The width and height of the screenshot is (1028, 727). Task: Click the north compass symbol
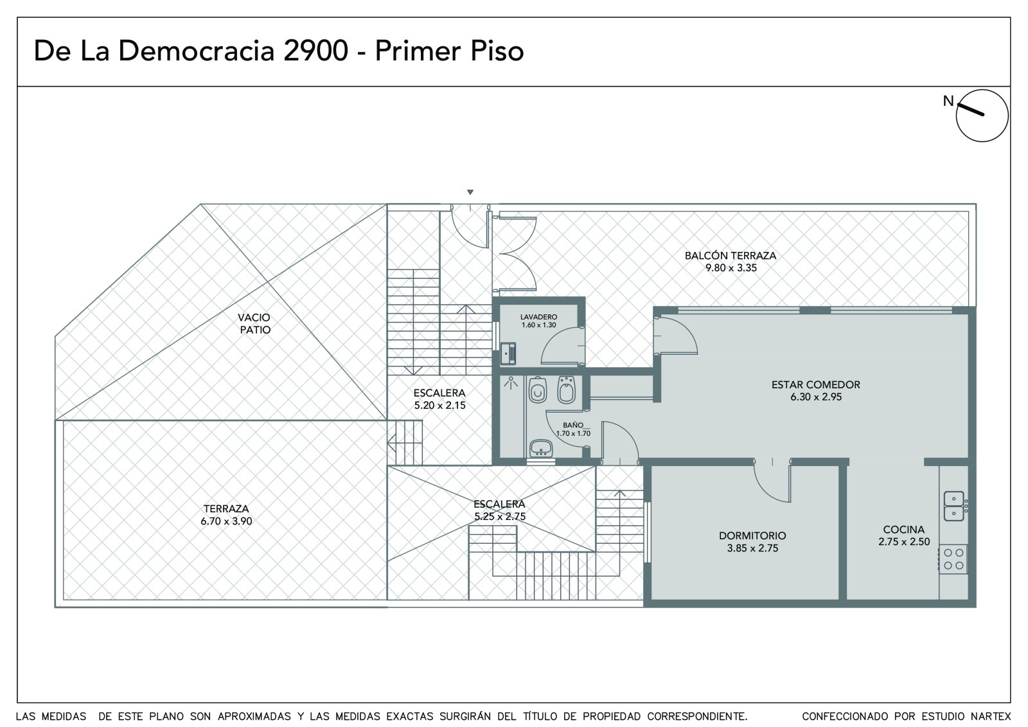(x=982, y=116)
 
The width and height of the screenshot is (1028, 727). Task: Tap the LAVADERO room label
(x=538, y=317)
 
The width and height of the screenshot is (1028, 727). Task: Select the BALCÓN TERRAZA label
(x=731, y=256)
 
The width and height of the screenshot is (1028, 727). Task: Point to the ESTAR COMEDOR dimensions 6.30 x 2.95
(x=815, y=397)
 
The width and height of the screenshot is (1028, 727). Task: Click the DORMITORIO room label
(x=752, y=535)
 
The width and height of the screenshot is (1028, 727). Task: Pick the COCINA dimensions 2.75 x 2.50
(x=904, y=541)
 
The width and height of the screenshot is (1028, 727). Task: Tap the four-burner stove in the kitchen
(x=953, y=559)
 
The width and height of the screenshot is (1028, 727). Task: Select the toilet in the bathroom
(x=537, y=390)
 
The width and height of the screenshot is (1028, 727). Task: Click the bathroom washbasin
(x=541, y=448)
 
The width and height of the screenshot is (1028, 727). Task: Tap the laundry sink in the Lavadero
(x=508, y=354)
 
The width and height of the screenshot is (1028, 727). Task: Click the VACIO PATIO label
(x=254, y=323)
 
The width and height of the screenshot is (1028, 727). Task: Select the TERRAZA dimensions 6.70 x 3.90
(x=226, y=521)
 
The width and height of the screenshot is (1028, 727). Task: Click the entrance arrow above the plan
(x=470, y=192)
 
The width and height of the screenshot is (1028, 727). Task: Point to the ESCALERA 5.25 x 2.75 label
(x=499, y=510)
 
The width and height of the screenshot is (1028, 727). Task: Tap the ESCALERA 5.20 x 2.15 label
(x=439, y=399)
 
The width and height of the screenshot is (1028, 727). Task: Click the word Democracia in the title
(x=197, y=51)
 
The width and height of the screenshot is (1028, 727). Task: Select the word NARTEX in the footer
(x=991, y=717)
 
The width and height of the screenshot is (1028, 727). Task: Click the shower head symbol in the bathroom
(x=510, y=382)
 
